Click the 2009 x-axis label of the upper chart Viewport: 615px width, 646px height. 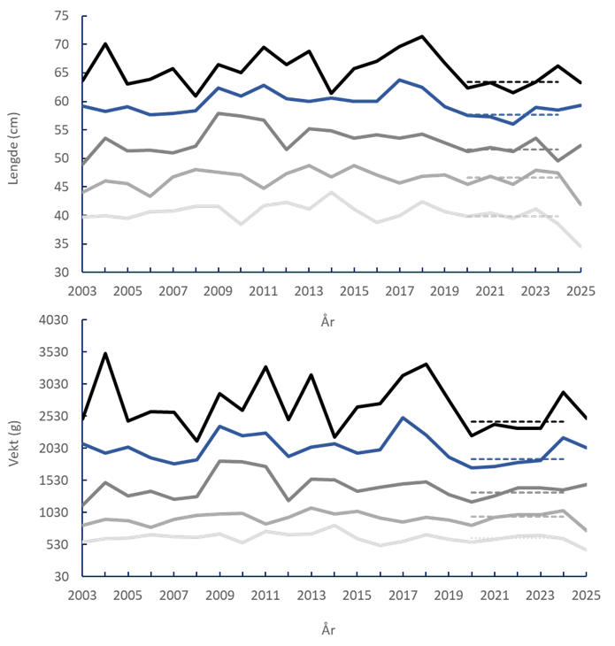point(219,290)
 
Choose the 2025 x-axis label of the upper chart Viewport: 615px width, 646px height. point(581,290)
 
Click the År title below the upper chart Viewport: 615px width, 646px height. point(328,323)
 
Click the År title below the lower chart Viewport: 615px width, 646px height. point(328,629)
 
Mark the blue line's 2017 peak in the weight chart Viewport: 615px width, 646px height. point(403,418)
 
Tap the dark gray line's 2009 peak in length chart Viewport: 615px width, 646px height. point(219,113)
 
